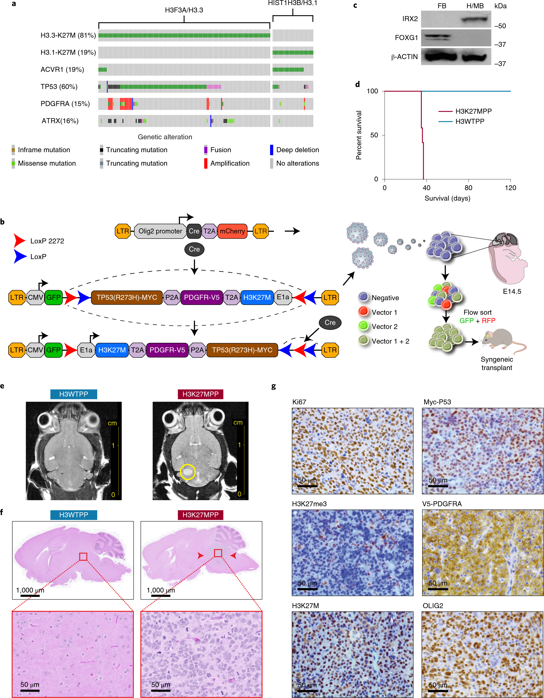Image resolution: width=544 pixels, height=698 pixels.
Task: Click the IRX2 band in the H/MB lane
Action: pyautogui.click(x=475, y=19)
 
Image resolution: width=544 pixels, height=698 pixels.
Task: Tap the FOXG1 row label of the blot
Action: pyautogui.click(x=406, y=38)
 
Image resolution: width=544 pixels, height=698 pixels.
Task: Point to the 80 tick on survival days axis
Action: pyautogui.click(x=468, y=188)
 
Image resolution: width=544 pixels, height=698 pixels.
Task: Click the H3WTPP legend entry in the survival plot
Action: pyautogui.click(x=470, y=121)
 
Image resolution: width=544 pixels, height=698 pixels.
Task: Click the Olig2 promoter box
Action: pyautogui.click(x=160, y=231)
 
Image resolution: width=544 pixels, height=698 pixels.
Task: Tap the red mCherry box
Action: pyautogui.click(x=232, y=231)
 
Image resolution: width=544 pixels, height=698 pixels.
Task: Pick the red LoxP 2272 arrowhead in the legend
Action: pyautogui.click(x=19, y=241)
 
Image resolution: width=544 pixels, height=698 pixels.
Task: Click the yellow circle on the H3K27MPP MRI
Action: pyautogui.click(x=188, y=472)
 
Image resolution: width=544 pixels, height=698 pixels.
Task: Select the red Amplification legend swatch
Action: pyautogui.click(x=206, y=163)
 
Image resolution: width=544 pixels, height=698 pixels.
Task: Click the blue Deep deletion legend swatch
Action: pyautogui.click(x=272, y=150)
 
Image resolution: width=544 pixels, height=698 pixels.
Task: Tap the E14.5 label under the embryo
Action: pyautogui.click(x=512, y=292)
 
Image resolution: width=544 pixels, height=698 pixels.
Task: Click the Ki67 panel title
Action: pyautogui.click(x=299, y=402)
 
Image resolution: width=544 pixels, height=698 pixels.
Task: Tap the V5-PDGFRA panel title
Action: pyautogui.click(x=442, y=504)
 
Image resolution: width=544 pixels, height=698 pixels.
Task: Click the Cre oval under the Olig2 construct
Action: pyautogui.click(x=194, y=249)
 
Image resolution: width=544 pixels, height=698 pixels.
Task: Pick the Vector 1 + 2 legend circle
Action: pyautogui.click(x=363, y=341)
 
